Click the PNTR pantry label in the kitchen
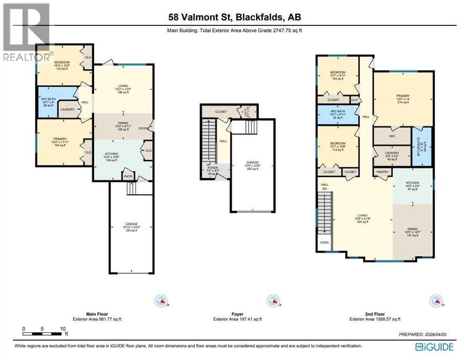click(128, 176)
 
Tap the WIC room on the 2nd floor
click(392, 136)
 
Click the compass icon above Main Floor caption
click(161, 300)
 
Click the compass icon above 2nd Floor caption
click(436, 300)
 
